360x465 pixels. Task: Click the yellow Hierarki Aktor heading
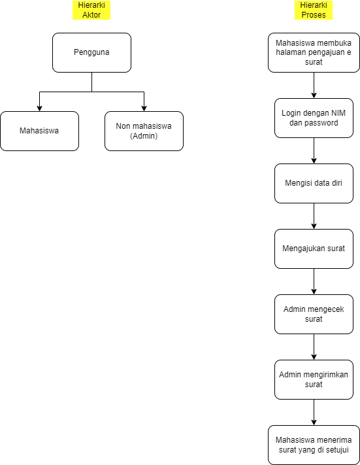pos(91,10)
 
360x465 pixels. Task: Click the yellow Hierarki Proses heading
pos(314,10)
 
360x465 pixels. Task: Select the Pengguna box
pos(91,52)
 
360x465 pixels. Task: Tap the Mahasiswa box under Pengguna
pos(39,131)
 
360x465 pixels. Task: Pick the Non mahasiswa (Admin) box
pos(144,131)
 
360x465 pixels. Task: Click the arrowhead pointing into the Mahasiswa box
pos(39,107)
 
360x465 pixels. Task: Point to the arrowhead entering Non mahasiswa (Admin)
pos(144,107)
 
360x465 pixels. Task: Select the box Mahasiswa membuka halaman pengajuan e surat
pos(314,52)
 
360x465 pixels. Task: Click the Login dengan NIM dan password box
pos(314,118)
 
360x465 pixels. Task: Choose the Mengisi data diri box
pos(314,183)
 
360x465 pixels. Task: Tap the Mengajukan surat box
pos(314,249)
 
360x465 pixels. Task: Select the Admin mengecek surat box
pos(314,314)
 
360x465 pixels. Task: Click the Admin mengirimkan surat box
pos(314,379)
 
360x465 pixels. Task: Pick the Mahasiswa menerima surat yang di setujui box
pos(314,445)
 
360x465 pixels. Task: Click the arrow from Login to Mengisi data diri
pos(314,150)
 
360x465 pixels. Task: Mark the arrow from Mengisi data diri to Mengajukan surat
pos(314,216)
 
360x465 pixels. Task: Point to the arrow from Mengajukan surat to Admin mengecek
pos(314,281)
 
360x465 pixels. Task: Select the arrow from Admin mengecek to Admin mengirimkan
pos(314,347)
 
